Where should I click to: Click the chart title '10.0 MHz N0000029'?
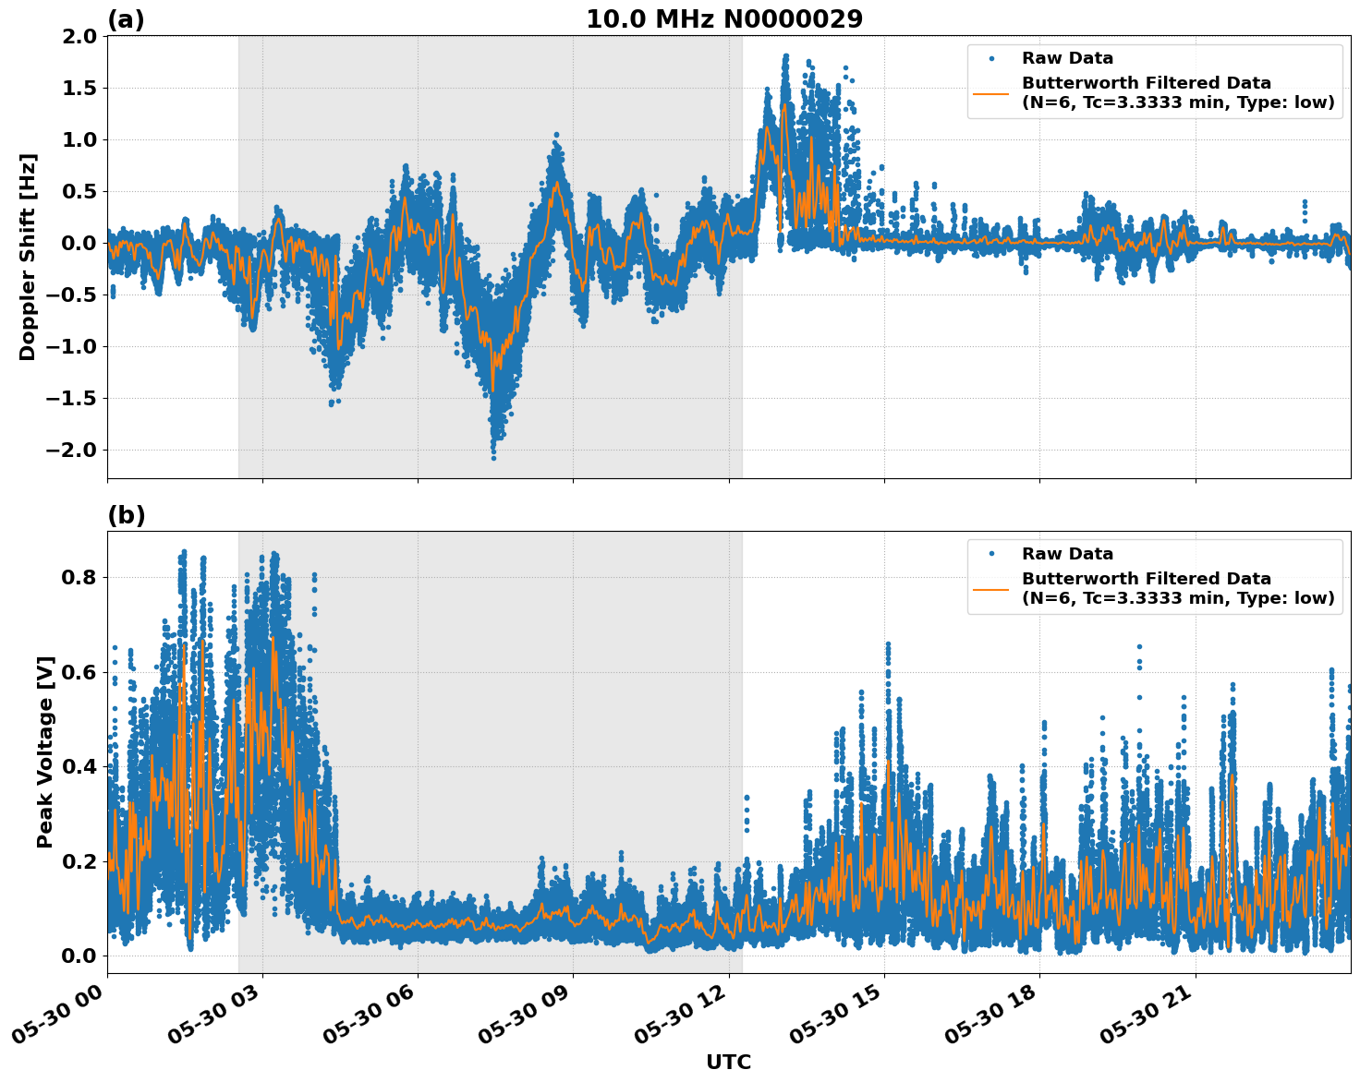click(724, 19)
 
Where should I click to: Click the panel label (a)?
click(127, 19)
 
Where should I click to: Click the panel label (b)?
click(127, 515)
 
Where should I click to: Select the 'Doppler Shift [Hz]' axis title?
click(28, 257)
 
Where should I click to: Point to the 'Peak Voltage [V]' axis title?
click(45, 751)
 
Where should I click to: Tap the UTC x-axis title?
click(728, 1062)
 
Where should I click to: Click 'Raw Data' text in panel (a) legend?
click(1067, 58)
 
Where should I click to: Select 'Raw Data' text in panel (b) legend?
click(1067, 554)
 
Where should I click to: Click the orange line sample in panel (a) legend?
click(991, 92)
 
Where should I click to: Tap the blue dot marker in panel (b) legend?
click(991, 554)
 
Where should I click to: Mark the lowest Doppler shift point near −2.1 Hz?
click(493, 458)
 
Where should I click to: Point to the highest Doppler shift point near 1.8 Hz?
click(785, 56)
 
